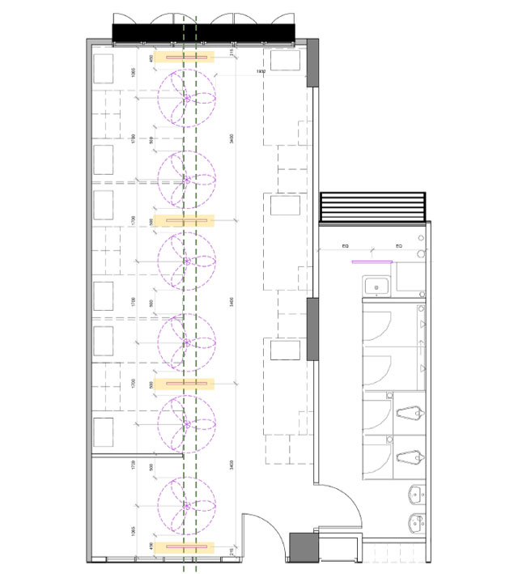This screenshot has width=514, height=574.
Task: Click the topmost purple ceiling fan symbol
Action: coord(187,98)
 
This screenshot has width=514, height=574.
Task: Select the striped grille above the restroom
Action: coord(373,207)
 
